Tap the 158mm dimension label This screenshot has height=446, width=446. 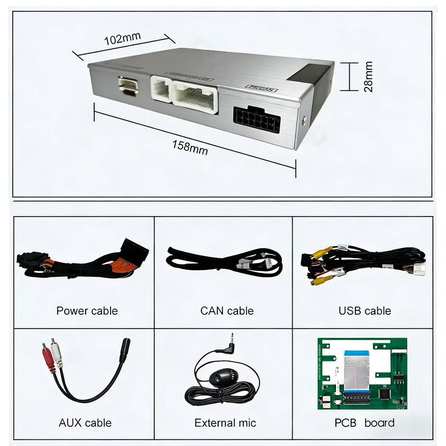coord(190,147)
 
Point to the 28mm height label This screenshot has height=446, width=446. coord(368,77)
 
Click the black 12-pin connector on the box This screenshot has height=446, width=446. coord(257,118)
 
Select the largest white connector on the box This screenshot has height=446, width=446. coord(196,96)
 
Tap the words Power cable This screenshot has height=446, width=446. coord(87,311)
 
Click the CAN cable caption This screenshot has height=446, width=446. coord(227,311)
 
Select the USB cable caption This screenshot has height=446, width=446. coord(365,311)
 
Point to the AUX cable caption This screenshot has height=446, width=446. coord(85,423)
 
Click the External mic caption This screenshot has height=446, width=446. coord(225,423)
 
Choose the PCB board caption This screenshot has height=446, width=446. coord(364,423)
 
